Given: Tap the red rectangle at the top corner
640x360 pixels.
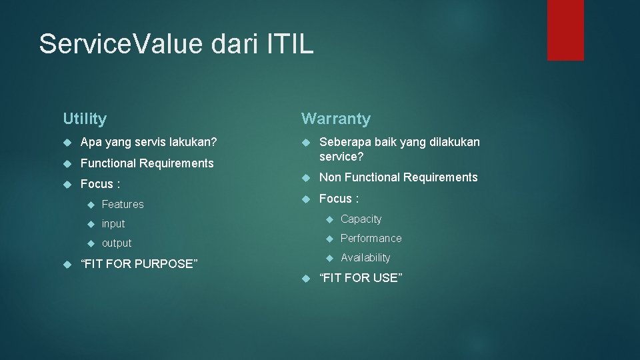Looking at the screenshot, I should tap(565, 29).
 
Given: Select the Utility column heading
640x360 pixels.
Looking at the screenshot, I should tap(85, 119).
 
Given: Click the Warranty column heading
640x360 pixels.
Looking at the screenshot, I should tap(336, 119).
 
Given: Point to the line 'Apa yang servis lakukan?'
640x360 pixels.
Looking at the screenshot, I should tap(148, 142).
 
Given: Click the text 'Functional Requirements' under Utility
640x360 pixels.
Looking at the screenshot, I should tap(147, 163).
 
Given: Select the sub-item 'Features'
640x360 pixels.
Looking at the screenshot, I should tap(123, 204).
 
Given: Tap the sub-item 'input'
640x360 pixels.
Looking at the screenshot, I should tap(113, 223).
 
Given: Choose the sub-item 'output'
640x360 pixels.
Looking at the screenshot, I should tap(117, 243).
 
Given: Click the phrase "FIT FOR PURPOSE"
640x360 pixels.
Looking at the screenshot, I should tap(139, 264).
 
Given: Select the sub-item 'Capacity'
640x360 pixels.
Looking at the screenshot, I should tap(361, 219).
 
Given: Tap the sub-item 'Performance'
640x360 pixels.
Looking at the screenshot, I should tap(371, 239).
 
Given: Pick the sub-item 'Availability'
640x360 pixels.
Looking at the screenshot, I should tap(365, 258).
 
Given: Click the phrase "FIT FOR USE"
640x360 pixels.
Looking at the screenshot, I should tap(361, 278).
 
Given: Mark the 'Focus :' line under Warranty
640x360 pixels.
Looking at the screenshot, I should tap(339, 199).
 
